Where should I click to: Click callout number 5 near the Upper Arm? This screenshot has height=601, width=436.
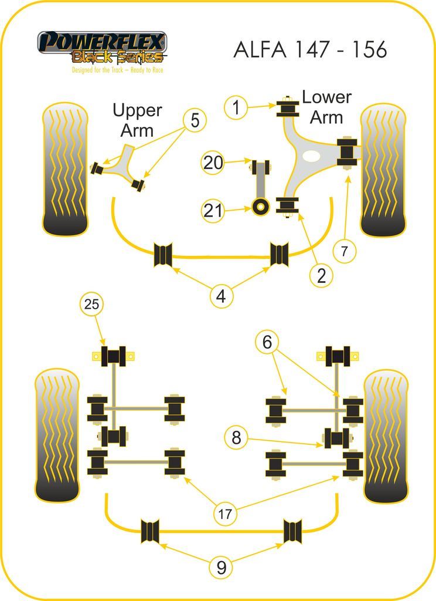pos(195,121)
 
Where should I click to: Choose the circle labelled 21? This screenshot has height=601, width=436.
pos(213,210)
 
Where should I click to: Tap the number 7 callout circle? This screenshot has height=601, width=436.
pos(344,251)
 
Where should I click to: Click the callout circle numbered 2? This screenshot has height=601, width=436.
pos(321,275)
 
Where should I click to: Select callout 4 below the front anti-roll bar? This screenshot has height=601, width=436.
pos(220,296)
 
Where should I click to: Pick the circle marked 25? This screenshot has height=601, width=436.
pos(91,304)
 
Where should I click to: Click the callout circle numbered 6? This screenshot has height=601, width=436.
pos(267,342)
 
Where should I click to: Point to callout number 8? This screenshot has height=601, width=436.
pos(236,437)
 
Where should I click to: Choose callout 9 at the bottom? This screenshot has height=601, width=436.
pos(221,567)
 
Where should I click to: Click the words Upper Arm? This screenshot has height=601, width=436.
pos(137,120)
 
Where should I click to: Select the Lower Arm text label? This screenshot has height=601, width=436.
pos(326,107)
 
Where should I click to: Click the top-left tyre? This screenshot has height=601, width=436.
pos(66,169)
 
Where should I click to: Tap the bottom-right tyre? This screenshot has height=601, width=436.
pos(386,435)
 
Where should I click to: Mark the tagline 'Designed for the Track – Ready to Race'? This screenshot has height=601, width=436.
pos(117,70)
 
